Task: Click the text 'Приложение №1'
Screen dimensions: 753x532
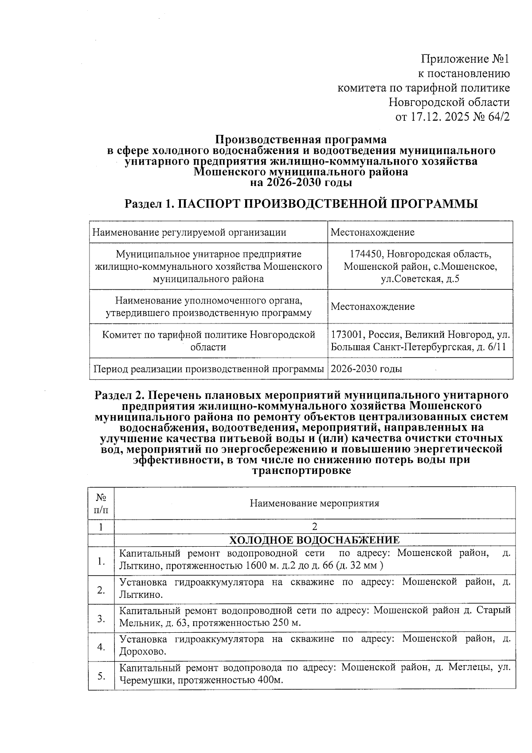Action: point(465,59)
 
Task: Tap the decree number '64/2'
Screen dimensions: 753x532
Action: point(497,117)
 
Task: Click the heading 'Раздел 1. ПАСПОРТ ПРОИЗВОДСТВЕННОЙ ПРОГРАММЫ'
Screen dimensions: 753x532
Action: point(301,204)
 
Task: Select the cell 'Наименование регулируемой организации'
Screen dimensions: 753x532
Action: point(188,232)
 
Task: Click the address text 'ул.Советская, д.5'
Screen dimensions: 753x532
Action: point(420,279)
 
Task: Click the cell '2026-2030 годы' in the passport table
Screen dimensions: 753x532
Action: point(367,369)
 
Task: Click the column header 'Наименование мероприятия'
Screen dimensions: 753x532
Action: point(314,503)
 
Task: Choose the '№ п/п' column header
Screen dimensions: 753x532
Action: point(101,503)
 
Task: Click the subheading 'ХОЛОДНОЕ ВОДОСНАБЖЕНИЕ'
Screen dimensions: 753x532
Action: point(314,540)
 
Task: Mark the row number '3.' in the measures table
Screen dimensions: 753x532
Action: point(101,618)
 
